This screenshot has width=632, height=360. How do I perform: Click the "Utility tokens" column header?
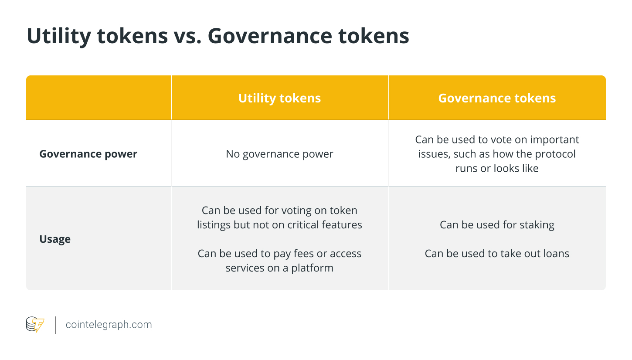[279, 98]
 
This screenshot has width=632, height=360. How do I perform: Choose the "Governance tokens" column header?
[497, 98]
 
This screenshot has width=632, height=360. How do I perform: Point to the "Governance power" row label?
[88, 154]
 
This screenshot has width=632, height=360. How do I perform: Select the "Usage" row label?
[55, 239]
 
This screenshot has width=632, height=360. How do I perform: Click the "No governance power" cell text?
[279, 154]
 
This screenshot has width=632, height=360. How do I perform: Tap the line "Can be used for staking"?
[497, 225]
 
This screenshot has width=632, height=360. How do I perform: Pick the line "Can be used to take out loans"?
[497, 253]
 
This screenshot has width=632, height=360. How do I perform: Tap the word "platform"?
[312, 268]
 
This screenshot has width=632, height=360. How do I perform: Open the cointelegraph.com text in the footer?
[109, 325]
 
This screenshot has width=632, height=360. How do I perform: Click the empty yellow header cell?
[99, 98]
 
